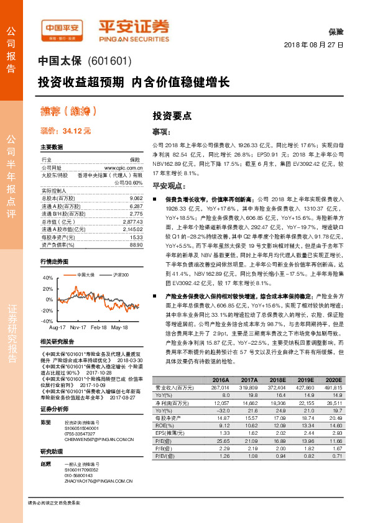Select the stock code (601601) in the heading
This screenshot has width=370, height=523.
(x=111, y=62)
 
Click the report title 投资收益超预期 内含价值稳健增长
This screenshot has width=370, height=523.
(x=134, y=82)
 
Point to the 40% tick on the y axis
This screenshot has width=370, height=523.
(x=49, y=278)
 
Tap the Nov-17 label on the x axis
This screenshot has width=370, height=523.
(x=78, y=326)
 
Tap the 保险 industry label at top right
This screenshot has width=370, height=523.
(x=336, y=32)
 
